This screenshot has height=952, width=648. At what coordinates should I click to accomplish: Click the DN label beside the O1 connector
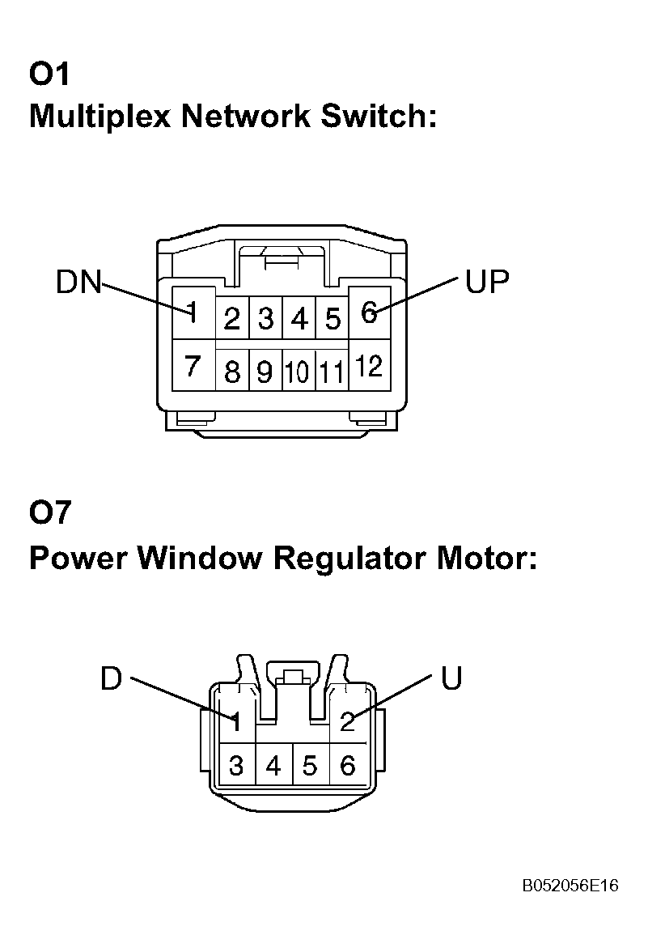pyautogui.click(x=78, y=283)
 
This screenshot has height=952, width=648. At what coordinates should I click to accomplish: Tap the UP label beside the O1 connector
pyautogui.click(x=487, y=282)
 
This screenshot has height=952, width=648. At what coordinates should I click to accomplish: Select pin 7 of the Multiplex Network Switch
pyautogui.click(x=193, y=367)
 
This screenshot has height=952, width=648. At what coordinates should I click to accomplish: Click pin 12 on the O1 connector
pyautogui.click(x=369, y=367)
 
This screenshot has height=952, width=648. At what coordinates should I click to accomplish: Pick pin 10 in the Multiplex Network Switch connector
pyautogui.click(x=299, y=372)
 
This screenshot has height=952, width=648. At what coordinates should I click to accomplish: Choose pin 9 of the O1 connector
pyautogui.click(x=265, y=372)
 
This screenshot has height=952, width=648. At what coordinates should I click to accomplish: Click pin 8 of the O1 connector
pyautogui.click(x=232, y=372)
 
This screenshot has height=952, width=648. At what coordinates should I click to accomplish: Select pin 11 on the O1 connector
pyautogui.click(x=332, y=372)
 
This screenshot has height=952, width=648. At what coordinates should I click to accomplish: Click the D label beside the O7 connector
pyautogui.click(x=111, y=678)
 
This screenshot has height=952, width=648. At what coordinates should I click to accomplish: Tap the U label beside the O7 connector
pyautogui.click(x=451, y=678)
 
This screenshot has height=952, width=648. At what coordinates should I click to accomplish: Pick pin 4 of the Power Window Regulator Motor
pyautogui.click(x=273, y=765)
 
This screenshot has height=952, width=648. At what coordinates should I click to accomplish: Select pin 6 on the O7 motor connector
pyautogui.click(x=348, y=765)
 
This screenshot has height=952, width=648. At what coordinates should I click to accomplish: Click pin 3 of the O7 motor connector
pyautogui.click(x=236, y=765)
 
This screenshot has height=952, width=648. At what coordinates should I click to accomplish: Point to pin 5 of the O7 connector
pyautogui.click(x=311, y=765)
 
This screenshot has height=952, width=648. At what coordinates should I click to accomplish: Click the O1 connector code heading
pyautogui.click(x=50, y=74)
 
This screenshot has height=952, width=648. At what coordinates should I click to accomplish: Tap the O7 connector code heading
pyautogui.click(x=50, y=512)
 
